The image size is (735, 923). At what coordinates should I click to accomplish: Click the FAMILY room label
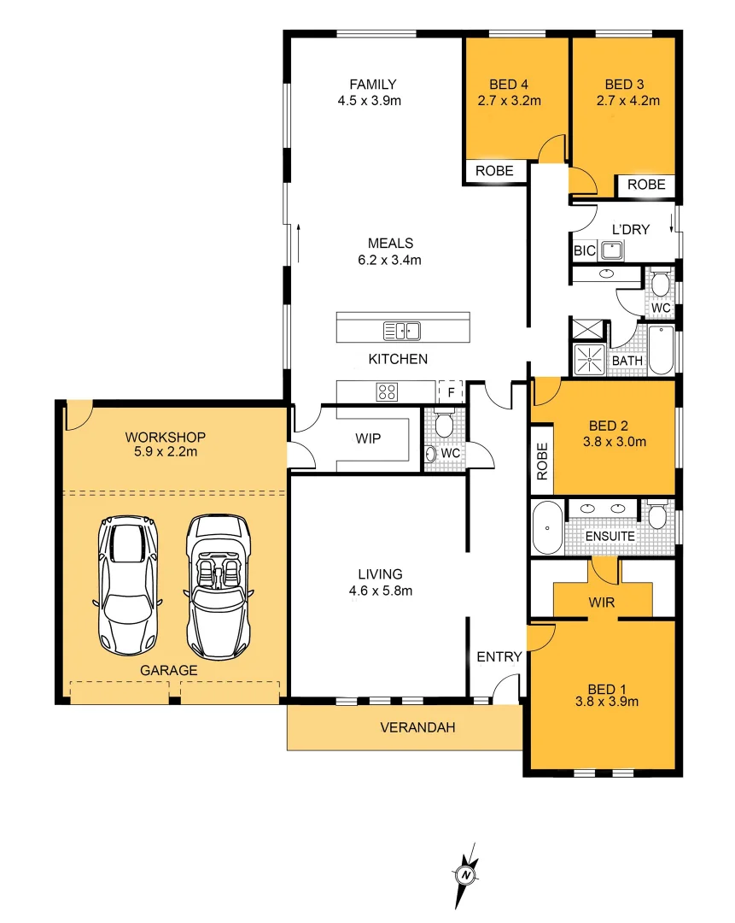coord(373,84)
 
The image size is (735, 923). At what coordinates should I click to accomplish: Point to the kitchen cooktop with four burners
coord(387,392)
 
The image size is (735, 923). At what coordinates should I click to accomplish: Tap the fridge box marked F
coord(450,391)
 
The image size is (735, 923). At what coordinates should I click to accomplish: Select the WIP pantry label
coord(368,439)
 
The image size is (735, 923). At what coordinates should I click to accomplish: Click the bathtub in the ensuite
coord(546,528)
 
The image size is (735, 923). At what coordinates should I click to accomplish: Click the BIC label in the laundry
coord(585,251)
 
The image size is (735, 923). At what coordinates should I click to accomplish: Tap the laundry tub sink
coord(611,250)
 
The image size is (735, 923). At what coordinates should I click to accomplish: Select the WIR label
coord(601,603)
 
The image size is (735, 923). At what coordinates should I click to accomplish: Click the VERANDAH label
coord(417,728)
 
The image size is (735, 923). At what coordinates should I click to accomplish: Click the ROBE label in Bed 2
coord(541,461)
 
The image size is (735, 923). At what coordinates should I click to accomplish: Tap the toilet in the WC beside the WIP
coord(443,424)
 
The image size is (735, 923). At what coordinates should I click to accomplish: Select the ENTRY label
coord(499,656)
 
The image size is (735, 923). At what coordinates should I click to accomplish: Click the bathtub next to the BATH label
coord(662,350)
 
